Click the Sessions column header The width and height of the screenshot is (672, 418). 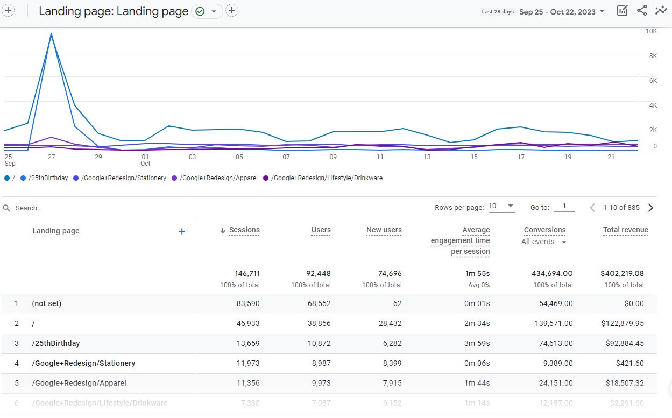244,230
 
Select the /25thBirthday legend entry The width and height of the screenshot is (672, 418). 48,178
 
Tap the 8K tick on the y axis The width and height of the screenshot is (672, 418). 651,56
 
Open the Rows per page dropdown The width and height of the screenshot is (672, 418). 501,207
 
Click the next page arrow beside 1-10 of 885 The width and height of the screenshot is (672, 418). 650,208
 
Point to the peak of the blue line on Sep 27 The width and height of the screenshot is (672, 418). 51,33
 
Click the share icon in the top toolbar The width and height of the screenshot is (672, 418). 642,11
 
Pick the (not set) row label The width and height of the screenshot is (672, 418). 47,303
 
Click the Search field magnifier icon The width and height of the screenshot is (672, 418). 7,208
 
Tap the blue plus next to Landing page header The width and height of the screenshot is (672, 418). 182,231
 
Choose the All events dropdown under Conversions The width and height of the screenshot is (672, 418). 543,242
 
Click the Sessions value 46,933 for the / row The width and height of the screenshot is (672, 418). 248,323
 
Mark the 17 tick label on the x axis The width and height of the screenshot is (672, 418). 521,157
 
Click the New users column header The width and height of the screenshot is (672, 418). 384,230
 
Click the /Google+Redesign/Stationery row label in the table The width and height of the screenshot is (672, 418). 83,363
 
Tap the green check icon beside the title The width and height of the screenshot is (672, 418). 200,11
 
